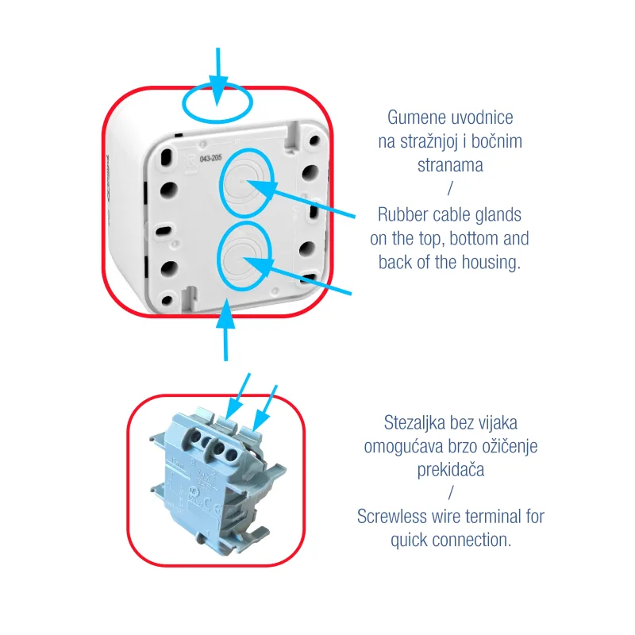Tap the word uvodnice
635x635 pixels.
tap(482, 117)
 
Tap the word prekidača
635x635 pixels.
tap(451, 470)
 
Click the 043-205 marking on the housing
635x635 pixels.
tap(211, 158)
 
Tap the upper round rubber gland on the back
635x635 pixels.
tap(246, 183)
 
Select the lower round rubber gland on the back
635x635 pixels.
tap(244, 256)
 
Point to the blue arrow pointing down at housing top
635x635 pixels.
tap(217, 76)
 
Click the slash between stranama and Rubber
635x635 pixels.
tap(450, 188)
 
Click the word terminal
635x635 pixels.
tap(494, 517)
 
